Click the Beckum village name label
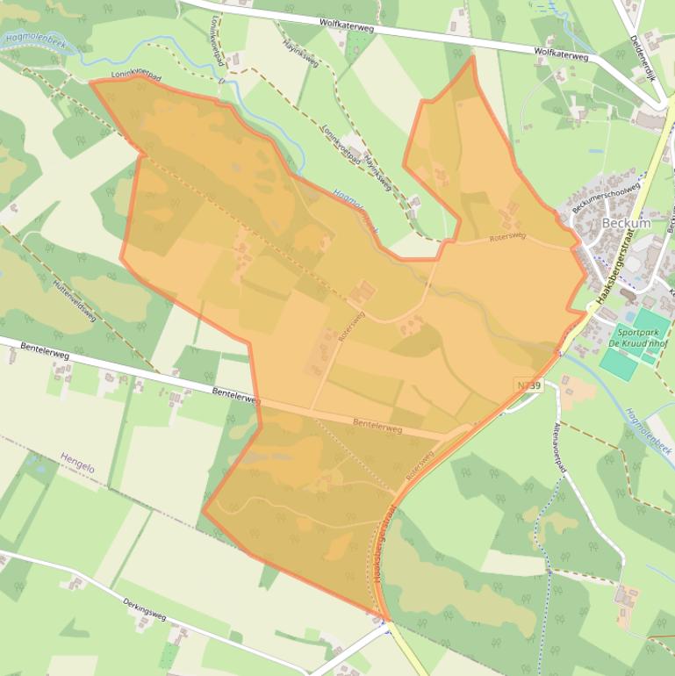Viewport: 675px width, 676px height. point(626,223)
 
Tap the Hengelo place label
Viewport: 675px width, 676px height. point(77,462)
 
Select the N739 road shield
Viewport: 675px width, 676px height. point(529,385)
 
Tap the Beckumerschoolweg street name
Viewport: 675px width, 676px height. point(606,198)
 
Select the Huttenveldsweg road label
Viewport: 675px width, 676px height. point(74,301)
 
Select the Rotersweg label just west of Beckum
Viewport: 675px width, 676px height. point(507,236)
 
